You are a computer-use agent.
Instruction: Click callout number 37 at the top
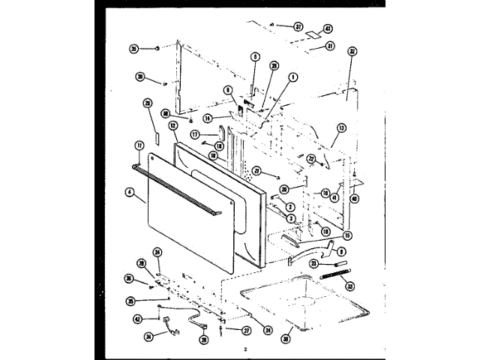coord(298,27)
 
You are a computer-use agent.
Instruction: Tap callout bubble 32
coord(352,52)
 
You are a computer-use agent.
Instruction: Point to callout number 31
coord(328,46)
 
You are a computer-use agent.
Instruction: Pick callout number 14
coord(206,118)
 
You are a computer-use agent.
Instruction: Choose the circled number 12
coord(172,126)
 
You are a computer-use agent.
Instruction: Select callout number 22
coord(310,158)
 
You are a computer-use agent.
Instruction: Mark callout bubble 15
coord(347,236)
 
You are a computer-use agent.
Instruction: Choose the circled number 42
coord(137,319)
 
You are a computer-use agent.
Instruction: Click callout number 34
coord(148,336)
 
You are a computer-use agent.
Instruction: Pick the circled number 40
coord(354,199)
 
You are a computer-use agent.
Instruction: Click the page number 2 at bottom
coord(244,349)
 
